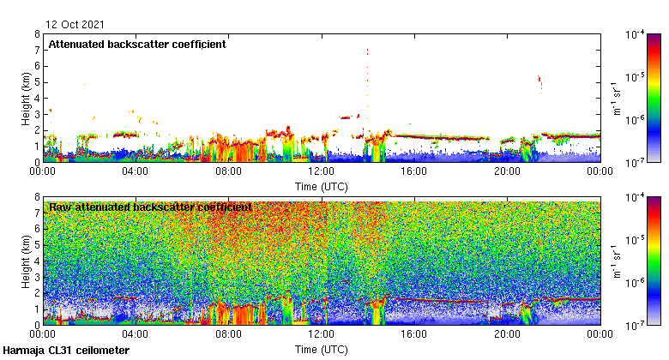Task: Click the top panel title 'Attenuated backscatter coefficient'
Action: pyautogui.click(x=137, y=45)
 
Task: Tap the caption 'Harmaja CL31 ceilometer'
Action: pyautogui.click(x=66, y=351)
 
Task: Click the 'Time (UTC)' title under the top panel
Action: pyautogui.click(x=321, y=186)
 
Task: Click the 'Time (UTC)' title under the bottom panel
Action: pyautogui.click(x=321, y=349)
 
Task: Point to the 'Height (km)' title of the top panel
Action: pyautogui.click(x=27, y=98)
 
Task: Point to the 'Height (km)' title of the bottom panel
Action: pyautogui.click(x=27, y=261)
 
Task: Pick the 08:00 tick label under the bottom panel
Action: pyautogui.click(x=228, y=334)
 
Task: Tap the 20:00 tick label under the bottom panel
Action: pyautogui.click(x=506, y=334)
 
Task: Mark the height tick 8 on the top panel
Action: pyautogui.click(x=37, y=34)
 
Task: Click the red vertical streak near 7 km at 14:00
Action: pyautogui.click(x=367, y=52)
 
